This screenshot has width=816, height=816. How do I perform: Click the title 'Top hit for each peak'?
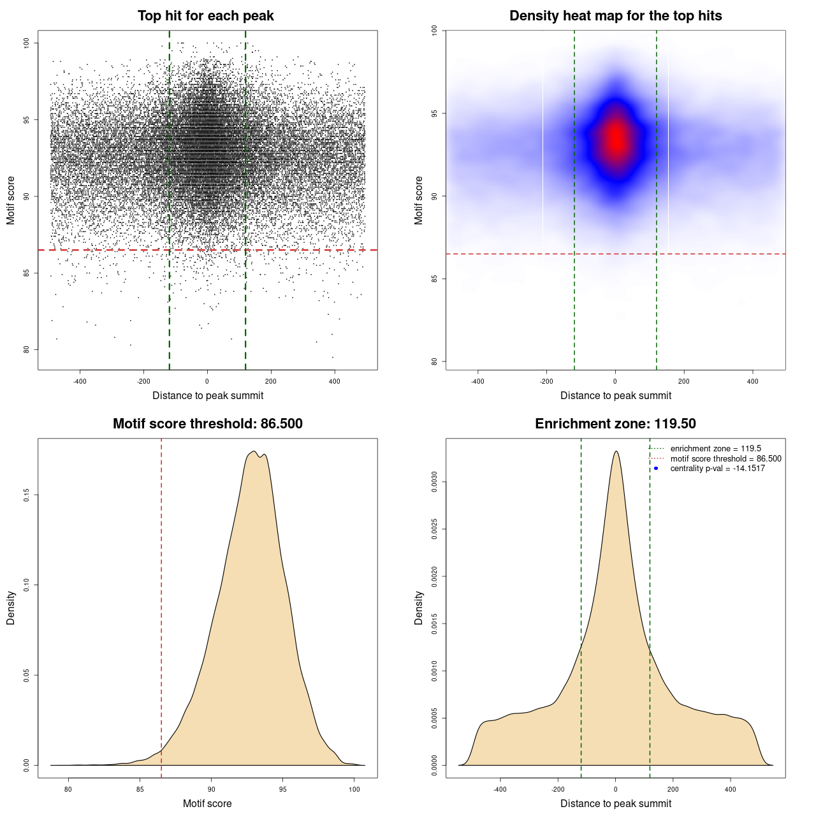[205, 16]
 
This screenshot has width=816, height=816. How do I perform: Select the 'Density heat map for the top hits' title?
[615, 16]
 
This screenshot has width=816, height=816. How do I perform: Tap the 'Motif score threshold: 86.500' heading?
[207, 424]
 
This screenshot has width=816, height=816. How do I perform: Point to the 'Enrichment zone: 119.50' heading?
[615, 424]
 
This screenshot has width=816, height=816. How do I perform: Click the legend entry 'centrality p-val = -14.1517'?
[717, 469]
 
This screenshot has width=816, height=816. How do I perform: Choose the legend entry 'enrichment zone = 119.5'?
[715, 449]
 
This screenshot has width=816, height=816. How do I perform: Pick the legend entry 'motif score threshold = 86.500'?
[725, 459]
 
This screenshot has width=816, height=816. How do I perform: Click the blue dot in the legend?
[656, 469]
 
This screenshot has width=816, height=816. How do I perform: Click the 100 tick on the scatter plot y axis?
[27, 43]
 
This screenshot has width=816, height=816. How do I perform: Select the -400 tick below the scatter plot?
[80, 382]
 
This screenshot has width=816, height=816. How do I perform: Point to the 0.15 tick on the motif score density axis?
[27, 495]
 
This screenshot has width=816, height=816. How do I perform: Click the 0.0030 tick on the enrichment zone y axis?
[435, 483]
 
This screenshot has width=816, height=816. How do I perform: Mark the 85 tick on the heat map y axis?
[435, 279]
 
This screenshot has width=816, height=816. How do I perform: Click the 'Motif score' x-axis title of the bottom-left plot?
[207, 804]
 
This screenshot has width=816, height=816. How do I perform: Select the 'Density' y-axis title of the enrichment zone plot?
[419, 608]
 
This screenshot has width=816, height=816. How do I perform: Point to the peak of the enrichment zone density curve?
[616, 451]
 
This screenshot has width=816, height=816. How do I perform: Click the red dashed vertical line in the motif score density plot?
[161, 606]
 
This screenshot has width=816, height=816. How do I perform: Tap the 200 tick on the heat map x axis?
[684, 382]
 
